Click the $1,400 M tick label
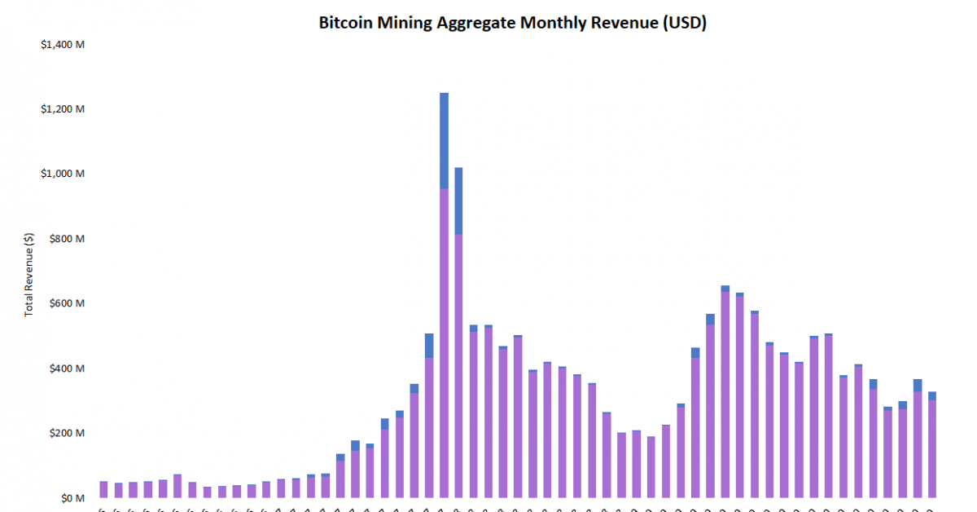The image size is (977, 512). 63,44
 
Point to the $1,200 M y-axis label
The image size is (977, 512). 63,108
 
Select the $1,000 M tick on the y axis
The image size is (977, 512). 63,174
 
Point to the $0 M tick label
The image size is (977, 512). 72,498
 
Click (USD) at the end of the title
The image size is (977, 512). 684,23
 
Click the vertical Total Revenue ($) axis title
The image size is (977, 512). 30,274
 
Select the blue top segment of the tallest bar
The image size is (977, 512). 444,140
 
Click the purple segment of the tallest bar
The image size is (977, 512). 444,342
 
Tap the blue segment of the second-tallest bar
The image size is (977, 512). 458,201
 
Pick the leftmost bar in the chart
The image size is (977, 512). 103,489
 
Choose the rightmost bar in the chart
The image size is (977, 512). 932,448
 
